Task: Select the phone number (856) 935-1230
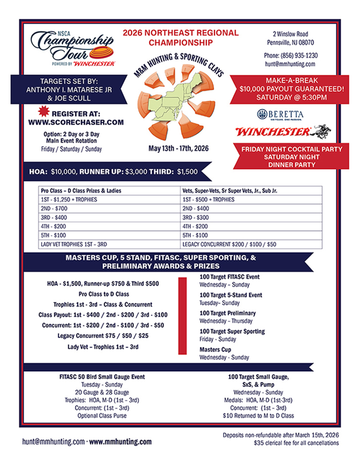coord(290,55)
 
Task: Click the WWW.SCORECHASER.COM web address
coord(73,122)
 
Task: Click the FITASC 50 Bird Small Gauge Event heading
coord(102,377)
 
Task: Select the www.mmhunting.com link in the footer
coord(120,442)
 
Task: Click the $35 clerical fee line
coord(296,442)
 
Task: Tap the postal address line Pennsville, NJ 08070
coord(290,42)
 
